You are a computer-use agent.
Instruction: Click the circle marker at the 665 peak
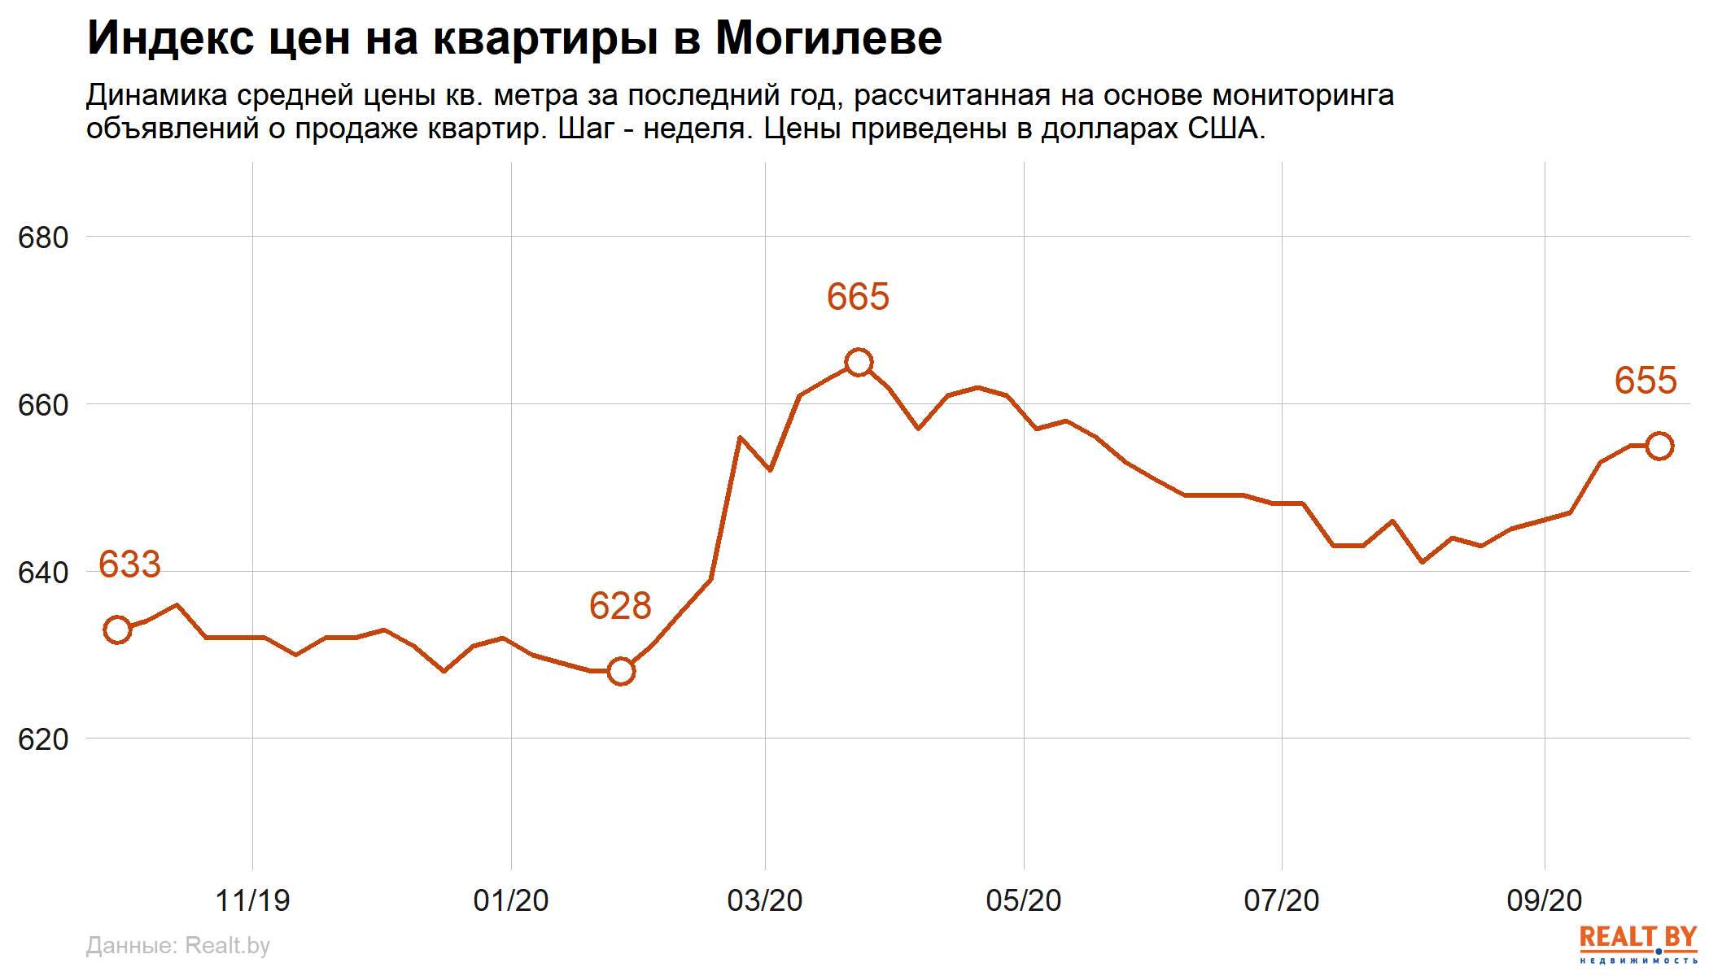pos(859,362)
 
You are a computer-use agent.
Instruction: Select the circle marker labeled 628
pos(621,671)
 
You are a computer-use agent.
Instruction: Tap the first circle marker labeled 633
pos(117,630)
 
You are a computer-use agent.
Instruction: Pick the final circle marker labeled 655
pos(1659,446)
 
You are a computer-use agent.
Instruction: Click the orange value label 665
pos(858,297)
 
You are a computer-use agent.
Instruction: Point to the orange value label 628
pos(620,606)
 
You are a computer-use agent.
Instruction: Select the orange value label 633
pos(129,564)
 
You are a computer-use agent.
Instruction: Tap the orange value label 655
pos(1646,381)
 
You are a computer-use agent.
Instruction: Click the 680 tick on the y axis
pos(43,237)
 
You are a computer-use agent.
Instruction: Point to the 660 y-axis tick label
pos(43,405)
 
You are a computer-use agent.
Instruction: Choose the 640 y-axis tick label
pos(43,573)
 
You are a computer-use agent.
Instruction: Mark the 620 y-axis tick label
pos(43,739)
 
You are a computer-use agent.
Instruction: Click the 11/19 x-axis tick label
pos(252,900)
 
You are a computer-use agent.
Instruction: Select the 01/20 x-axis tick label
pos(511,900)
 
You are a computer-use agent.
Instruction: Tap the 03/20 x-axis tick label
pos(765,900)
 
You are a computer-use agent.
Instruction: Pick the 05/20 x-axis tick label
pos(1024,900)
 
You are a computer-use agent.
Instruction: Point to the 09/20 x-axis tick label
pos(1545,900)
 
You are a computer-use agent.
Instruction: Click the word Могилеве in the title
pos(828,38)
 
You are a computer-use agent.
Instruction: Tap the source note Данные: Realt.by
pos(177,945)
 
